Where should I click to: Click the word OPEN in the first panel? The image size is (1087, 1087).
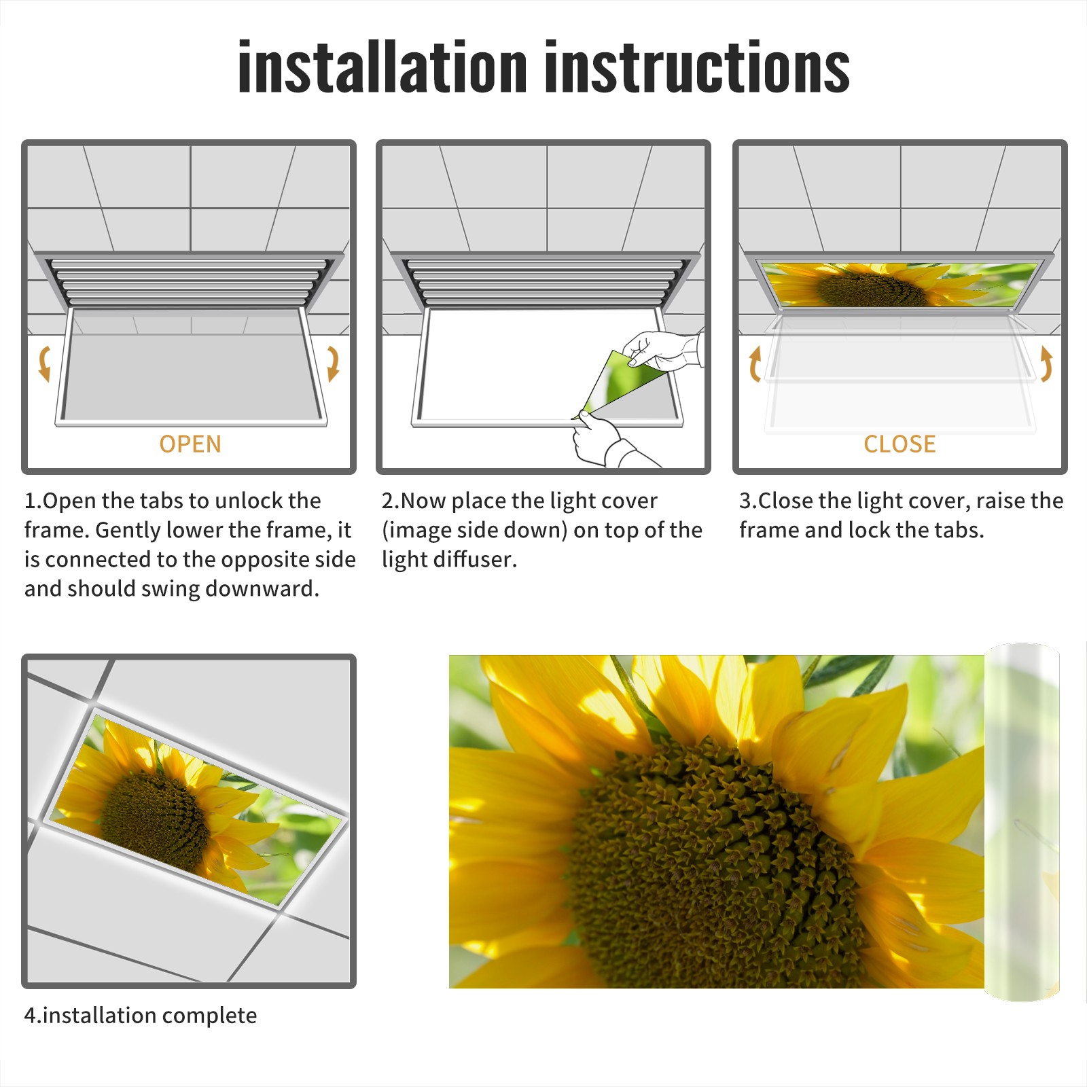pos(190,444)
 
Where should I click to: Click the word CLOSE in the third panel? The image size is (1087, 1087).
pos(899,444)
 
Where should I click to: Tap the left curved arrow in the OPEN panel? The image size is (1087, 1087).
pos(45,363)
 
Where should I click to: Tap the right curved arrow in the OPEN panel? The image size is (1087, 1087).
pos(333,363)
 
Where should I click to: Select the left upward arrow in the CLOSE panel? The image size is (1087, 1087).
pos(754,363)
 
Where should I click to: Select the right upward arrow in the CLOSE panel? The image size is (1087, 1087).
pos(1046,363)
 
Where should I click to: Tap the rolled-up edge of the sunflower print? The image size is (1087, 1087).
pos(1022,822)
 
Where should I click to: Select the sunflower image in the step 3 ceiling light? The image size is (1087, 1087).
pos(899,285)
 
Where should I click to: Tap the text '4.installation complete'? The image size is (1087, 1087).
pos(141,1016)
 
